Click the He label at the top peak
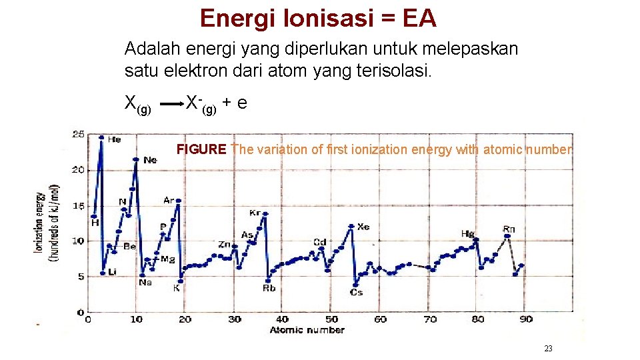[114, 140]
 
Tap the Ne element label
[150, 160]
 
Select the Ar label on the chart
[169, 200]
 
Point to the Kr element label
[255, 213]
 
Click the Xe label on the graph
[363, 227]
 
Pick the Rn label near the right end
[509, 229]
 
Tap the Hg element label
[468, 234]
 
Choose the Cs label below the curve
[357, 292]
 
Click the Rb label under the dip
[269, 289]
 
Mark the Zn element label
[225, 245]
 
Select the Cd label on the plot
[319, 242]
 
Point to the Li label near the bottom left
[112, 271]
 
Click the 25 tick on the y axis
[78, 135]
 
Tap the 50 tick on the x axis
[331, 319]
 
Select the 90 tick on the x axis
[526, 319]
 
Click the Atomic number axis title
[307, 330]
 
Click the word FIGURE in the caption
[201, 149]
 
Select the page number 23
[549, 349]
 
